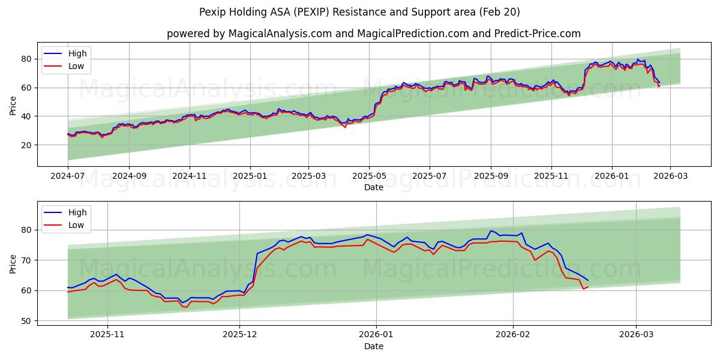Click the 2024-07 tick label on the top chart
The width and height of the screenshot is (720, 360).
pos(68,176)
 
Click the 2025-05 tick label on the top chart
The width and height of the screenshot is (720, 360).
pos(369,176)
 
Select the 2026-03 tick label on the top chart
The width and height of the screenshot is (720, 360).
pos(670,176)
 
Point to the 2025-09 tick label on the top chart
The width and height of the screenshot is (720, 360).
pos(491,176)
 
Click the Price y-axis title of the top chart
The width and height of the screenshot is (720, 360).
pos(13,105)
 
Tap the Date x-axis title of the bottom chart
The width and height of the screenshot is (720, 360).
pos(374,347)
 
